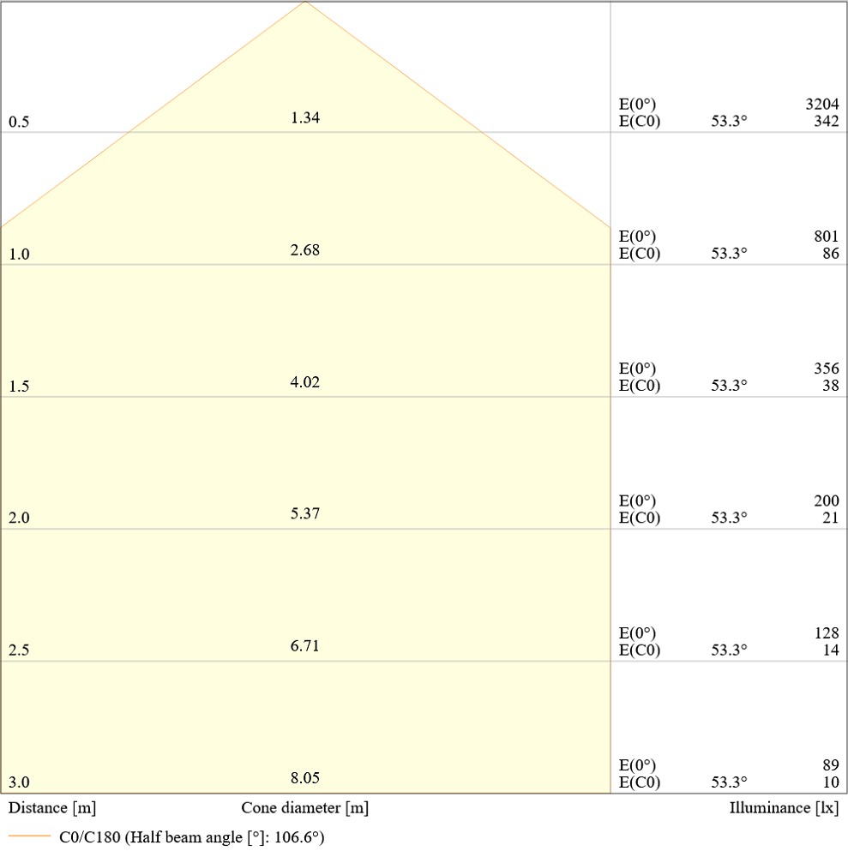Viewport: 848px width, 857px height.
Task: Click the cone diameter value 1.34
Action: pyautogui.click(x=305, y=118)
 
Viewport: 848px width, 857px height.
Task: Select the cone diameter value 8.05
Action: pyautogui.click(x=305, y=778)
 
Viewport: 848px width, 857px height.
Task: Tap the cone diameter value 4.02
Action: pyautogui.click(x=305, y=382)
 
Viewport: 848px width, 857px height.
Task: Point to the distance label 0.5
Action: pyautogui.click(x=19, y=123)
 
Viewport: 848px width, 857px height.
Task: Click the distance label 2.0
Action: pyautogui.click(x=19, y=518)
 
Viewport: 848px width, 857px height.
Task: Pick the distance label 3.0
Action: pyautogui.click(x=19, y=782)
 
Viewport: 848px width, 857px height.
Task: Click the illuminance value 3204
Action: pyautogui.click(x=822, y=105)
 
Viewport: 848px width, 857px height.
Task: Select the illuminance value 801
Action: pyautogui.click(x=827, y=237)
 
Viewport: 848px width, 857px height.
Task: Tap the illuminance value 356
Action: pyautogui.click(x=827, y=369)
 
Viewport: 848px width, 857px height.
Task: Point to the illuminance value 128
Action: pyautogui.click(x=827, y=633)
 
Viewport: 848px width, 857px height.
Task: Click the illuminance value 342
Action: pyautogui.click(x=827, y=121)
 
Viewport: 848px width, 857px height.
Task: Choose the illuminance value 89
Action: pyautogui.click(x=830, y=765)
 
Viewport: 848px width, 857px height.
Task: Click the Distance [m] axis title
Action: pyautogui.click(x=52, y=808)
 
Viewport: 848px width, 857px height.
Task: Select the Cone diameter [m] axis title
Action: pyautogui.click(x=305, y=808)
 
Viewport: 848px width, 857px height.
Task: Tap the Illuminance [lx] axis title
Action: pyautogui.click(x=784, y=808)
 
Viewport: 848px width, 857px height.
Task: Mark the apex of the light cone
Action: pyautogui.click(x=305, y=2)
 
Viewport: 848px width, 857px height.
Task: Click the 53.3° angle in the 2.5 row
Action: pyautogui.click(x=729, y=650)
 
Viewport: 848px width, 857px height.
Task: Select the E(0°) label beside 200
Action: pyautogui.click(x=637, y=501)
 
